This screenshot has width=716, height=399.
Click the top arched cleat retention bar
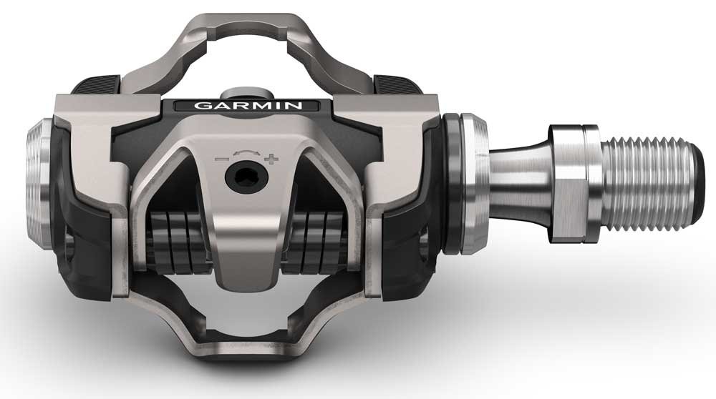click(x=243, y=29)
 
